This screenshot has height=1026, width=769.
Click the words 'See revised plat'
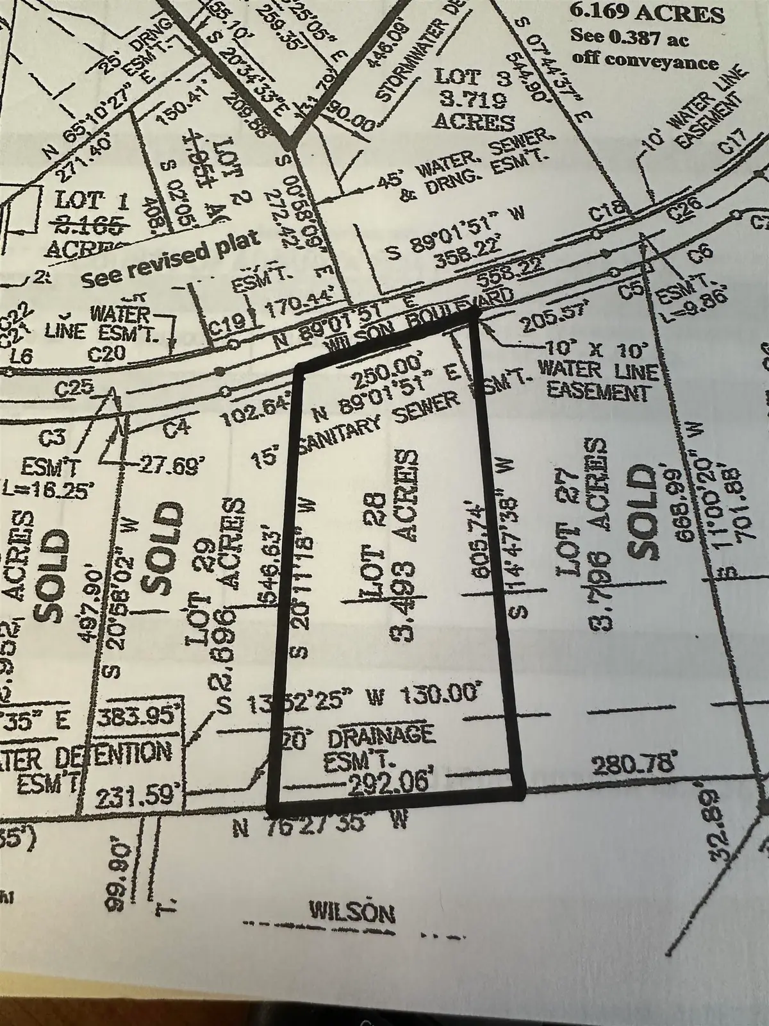coord(172,263)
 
